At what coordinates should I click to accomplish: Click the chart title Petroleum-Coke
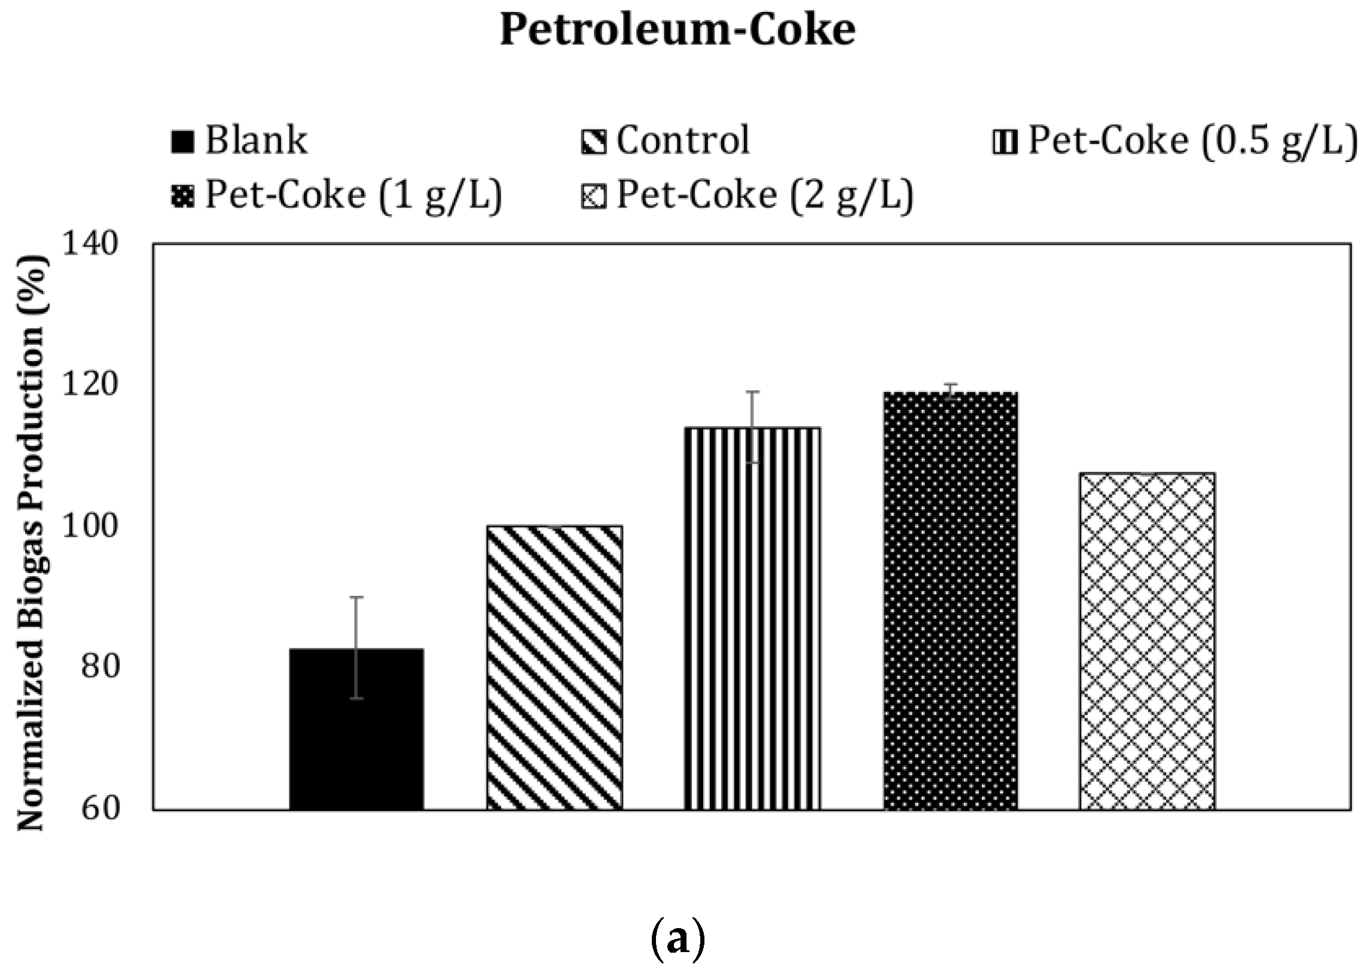tap(677, 30)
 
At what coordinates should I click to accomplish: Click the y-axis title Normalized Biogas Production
tap(31, 542)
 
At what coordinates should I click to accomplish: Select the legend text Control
tap(682, 140)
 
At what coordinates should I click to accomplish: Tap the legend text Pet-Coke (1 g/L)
tap(353, 195)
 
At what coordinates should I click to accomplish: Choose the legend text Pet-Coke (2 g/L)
tap(765, 195)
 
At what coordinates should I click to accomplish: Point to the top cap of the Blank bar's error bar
tap(356, 597)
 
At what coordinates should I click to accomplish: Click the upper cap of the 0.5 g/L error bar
tap(752, 392)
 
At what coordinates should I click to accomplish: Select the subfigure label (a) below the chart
tap(677, 941)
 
